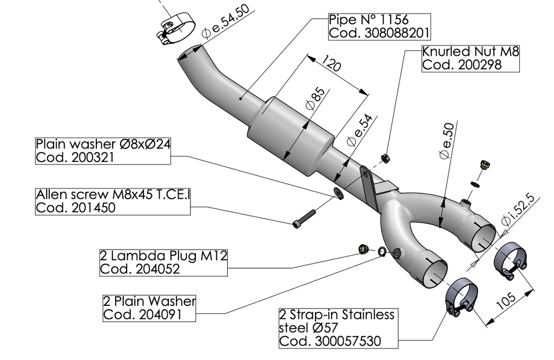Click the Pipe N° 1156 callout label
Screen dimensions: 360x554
coord(379,27)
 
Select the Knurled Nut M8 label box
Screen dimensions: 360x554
coord(470,58)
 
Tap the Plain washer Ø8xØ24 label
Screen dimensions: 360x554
coord(103,151)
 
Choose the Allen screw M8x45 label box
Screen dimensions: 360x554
coord(113,201)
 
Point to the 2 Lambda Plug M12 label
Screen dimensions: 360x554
coord(163,262)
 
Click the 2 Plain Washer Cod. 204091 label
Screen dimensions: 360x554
coord(149,307)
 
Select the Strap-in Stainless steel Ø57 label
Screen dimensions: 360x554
coord(338,328)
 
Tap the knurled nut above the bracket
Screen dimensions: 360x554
coord(385,158)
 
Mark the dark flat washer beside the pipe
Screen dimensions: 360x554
coord(339,193)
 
